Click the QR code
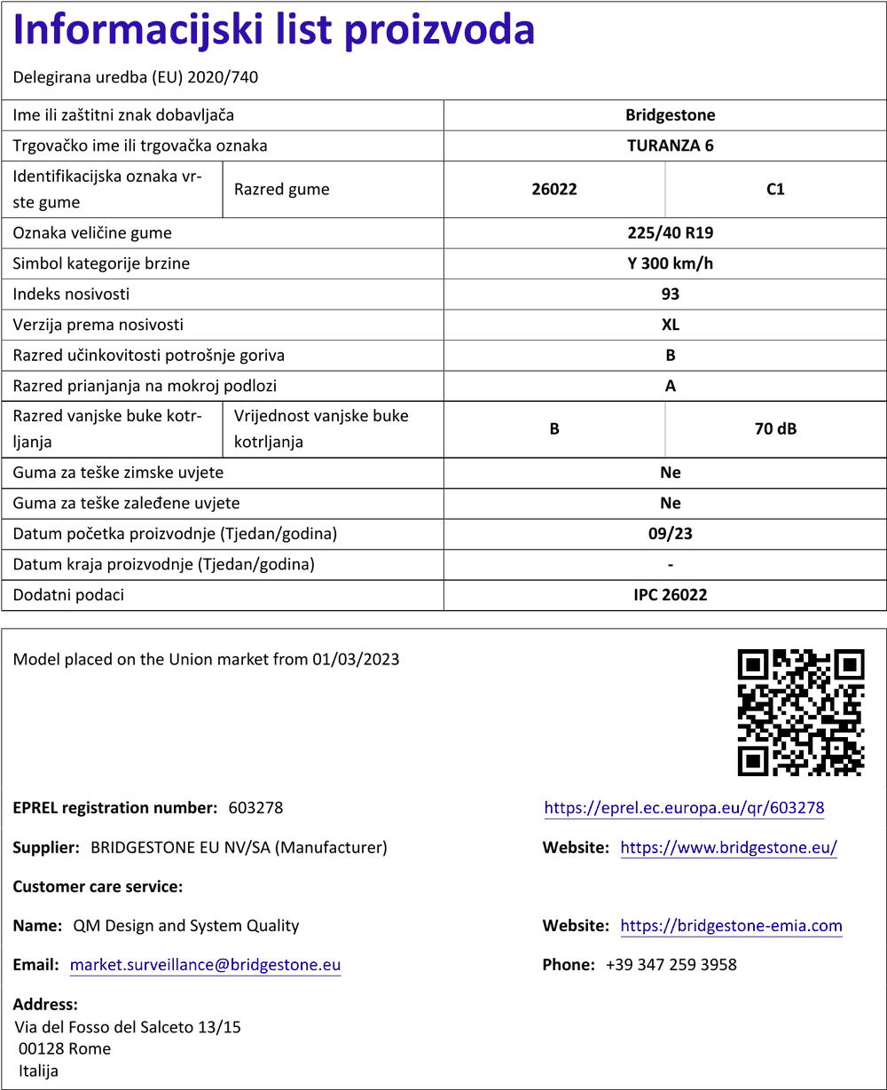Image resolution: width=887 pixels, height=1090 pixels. coord(801,712)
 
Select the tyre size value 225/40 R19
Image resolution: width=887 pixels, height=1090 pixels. coord(670,233)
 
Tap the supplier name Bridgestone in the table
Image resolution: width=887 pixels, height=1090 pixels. coord(670,114)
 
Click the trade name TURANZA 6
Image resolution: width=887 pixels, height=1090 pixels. coord(670,145)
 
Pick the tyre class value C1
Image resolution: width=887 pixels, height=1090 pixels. coord(775,189)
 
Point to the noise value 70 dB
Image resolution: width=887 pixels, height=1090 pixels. coord(775,428)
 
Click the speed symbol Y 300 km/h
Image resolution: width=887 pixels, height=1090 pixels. coord(670,263)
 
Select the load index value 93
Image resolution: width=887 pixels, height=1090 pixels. coord(670,294)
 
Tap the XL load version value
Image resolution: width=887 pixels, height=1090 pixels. coord(670,325)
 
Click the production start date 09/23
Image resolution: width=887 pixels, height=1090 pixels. coord(670,534)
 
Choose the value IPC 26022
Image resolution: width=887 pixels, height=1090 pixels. coord(670,594)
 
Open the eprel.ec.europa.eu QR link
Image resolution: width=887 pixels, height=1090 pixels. coord(684,808)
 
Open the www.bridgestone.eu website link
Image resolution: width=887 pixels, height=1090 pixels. coord(728,848)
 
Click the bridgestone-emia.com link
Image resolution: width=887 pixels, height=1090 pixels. coord(731,926)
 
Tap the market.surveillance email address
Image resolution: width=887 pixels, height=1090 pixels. coord(205,965)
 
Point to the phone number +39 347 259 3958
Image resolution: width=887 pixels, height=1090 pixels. coord(671,965)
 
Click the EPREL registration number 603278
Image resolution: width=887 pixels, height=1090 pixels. coord(255,808)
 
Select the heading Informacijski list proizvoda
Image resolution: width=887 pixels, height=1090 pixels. coord(274,31)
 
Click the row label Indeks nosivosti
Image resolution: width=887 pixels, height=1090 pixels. coord(72,294)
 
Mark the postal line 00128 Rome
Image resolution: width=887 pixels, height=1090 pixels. coord(65,1048)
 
